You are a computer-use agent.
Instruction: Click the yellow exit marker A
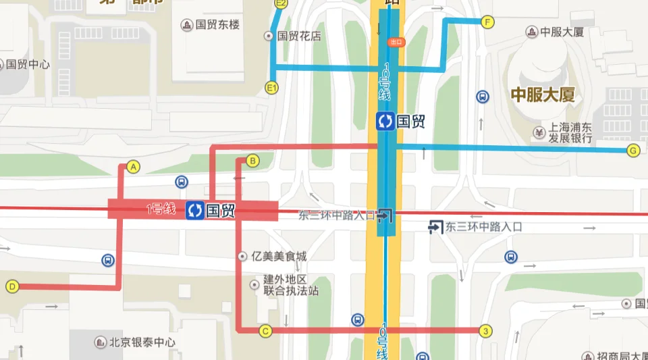[133, 166]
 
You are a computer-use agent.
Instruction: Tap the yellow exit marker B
[252, 161]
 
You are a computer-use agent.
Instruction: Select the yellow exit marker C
[265, 330]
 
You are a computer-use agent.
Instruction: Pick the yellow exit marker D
[12, 286]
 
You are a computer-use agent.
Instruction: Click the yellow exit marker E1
[272, 87]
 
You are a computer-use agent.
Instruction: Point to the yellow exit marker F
[487, 22]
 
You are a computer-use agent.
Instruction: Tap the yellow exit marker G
[633, 150]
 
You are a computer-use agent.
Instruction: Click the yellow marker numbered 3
[485, 330]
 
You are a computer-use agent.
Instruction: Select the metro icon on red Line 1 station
[195, 210]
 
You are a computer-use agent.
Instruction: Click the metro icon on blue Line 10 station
[385, 122]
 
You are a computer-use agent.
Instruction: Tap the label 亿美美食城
[278, 256]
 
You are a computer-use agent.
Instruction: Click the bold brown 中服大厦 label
[543, 95]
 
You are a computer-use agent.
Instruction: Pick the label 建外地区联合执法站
[290, 285]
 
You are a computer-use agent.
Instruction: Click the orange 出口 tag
[395, 42]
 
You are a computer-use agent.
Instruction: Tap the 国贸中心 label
[28, 65]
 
